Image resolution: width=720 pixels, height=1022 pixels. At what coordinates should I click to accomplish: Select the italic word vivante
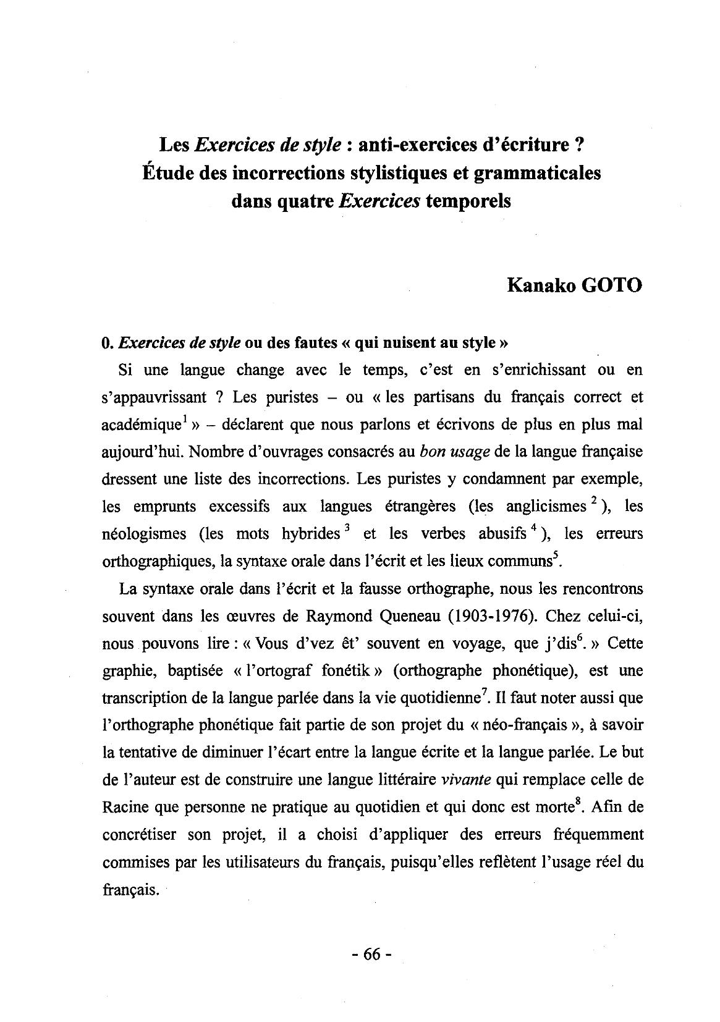[x=467, y=780]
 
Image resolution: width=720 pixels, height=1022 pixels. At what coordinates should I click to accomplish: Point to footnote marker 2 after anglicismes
[x=593, y=502]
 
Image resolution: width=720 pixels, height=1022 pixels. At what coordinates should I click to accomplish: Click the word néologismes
[x=143, y=534]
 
